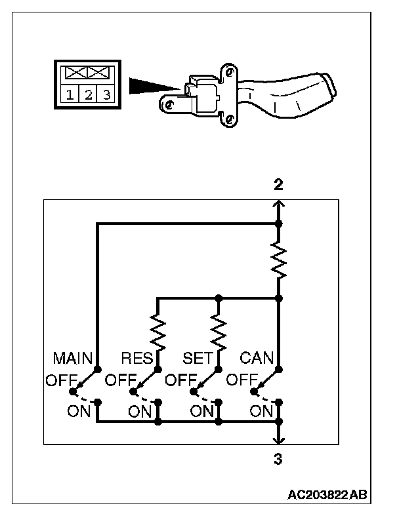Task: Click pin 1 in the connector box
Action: point(70,95)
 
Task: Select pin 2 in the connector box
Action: point(88,95)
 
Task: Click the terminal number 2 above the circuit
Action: point(278,185)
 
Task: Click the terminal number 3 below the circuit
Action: point(278,460)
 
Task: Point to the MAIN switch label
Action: point(72,359)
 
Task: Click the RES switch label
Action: point(136,359)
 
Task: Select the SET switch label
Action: point(196,359)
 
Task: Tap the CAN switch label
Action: point(256,359)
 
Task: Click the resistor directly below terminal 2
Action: point(278,259)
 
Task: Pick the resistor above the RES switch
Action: point(157,331)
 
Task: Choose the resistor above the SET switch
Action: point(218,331)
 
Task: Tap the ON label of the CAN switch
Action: point(262,412)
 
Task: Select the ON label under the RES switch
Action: point(140,412)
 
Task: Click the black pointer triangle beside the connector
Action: point(153,86)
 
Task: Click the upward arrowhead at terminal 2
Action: point(278,204)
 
